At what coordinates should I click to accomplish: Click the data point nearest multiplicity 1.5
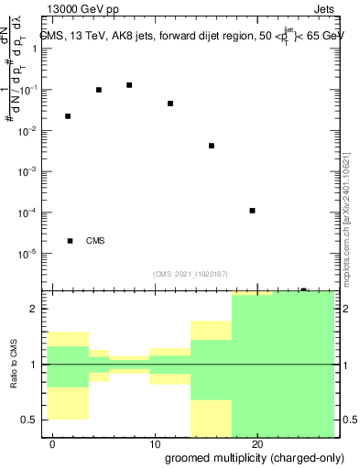tap(68, 116)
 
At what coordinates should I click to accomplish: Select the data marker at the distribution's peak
tap(129, 85)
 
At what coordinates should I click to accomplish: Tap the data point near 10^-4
tap(252, 211)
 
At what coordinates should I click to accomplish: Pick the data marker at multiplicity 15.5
tap(212, 146)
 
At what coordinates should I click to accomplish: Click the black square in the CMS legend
tap(71, 241)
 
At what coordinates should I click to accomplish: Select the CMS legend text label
tap(95, 241)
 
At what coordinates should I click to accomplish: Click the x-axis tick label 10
tap(155, 444)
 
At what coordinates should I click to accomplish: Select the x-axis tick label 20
tap(256, 444)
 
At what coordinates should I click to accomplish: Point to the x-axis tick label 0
tap(53, 444)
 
